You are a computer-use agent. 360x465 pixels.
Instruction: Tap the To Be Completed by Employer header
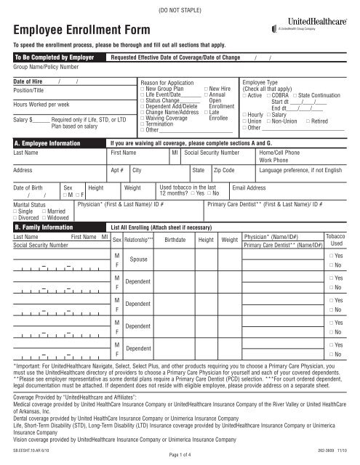pos(49,55)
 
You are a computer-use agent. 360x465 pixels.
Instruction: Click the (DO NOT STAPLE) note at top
pos(180,7)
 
